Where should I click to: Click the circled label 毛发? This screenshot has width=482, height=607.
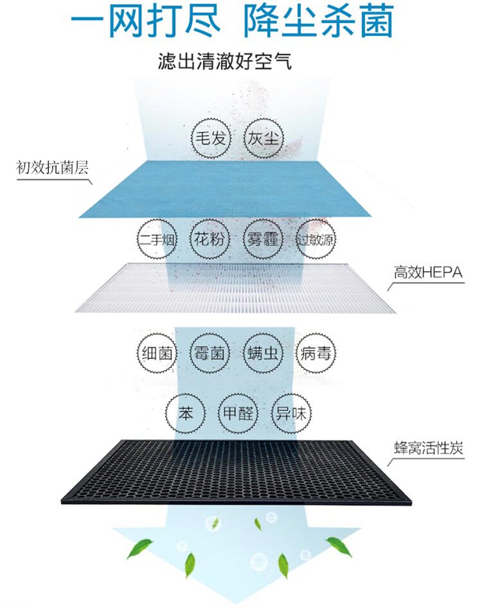pos(210,137)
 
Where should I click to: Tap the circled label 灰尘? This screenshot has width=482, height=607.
pos(263,137)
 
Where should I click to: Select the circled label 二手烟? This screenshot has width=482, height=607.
pos(156,240)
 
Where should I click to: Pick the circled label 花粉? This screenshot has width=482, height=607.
pos(210,240)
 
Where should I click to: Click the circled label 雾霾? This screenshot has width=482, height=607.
pos(262,240)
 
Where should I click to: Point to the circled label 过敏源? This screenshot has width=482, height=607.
pos(316,240)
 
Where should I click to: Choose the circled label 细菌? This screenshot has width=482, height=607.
pos(156,353)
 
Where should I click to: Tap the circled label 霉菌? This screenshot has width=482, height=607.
pos(210,353)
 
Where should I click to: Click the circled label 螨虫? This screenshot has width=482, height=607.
pos(263,353)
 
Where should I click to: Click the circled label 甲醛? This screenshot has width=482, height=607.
pos(237,413)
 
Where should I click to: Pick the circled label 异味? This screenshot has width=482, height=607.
pos(289,413)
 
